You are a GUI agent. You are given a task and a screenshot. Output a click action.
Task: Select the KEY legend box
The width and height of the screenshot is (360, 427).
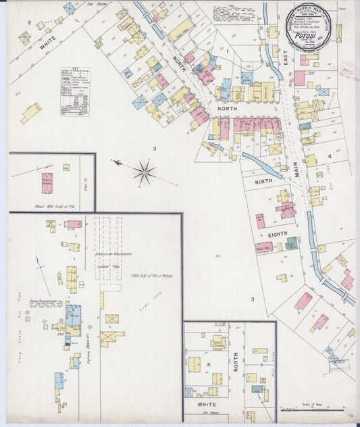[x=75, y=91]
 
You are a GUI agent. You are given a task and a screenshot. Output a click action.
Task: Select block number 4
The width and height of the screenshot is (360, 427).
[x=330, y=157]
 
